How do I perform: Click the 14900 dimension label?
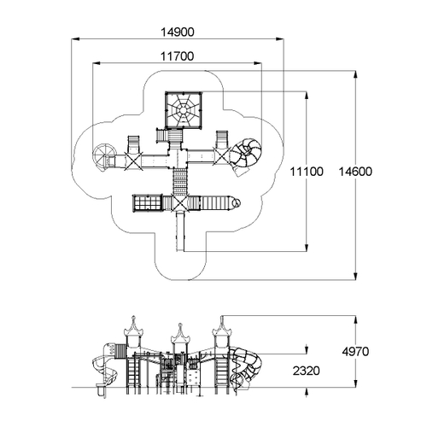point(178,32)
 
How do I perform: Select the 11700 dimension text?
point(177,56)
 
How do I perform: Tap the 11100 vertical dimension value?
point(307,172)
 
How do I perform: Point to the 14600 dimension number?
point(355,172)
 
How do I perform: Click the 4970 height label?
point(355,352)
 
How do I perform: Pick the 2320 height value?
point(307,371)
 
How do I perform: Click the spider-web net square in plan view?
point(184,110)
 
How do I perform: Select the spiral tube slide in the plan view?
point(245,156)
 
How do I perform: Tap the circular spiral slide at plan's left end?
point(103,156)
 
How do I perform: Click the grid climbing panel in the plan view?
point(148,203)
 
